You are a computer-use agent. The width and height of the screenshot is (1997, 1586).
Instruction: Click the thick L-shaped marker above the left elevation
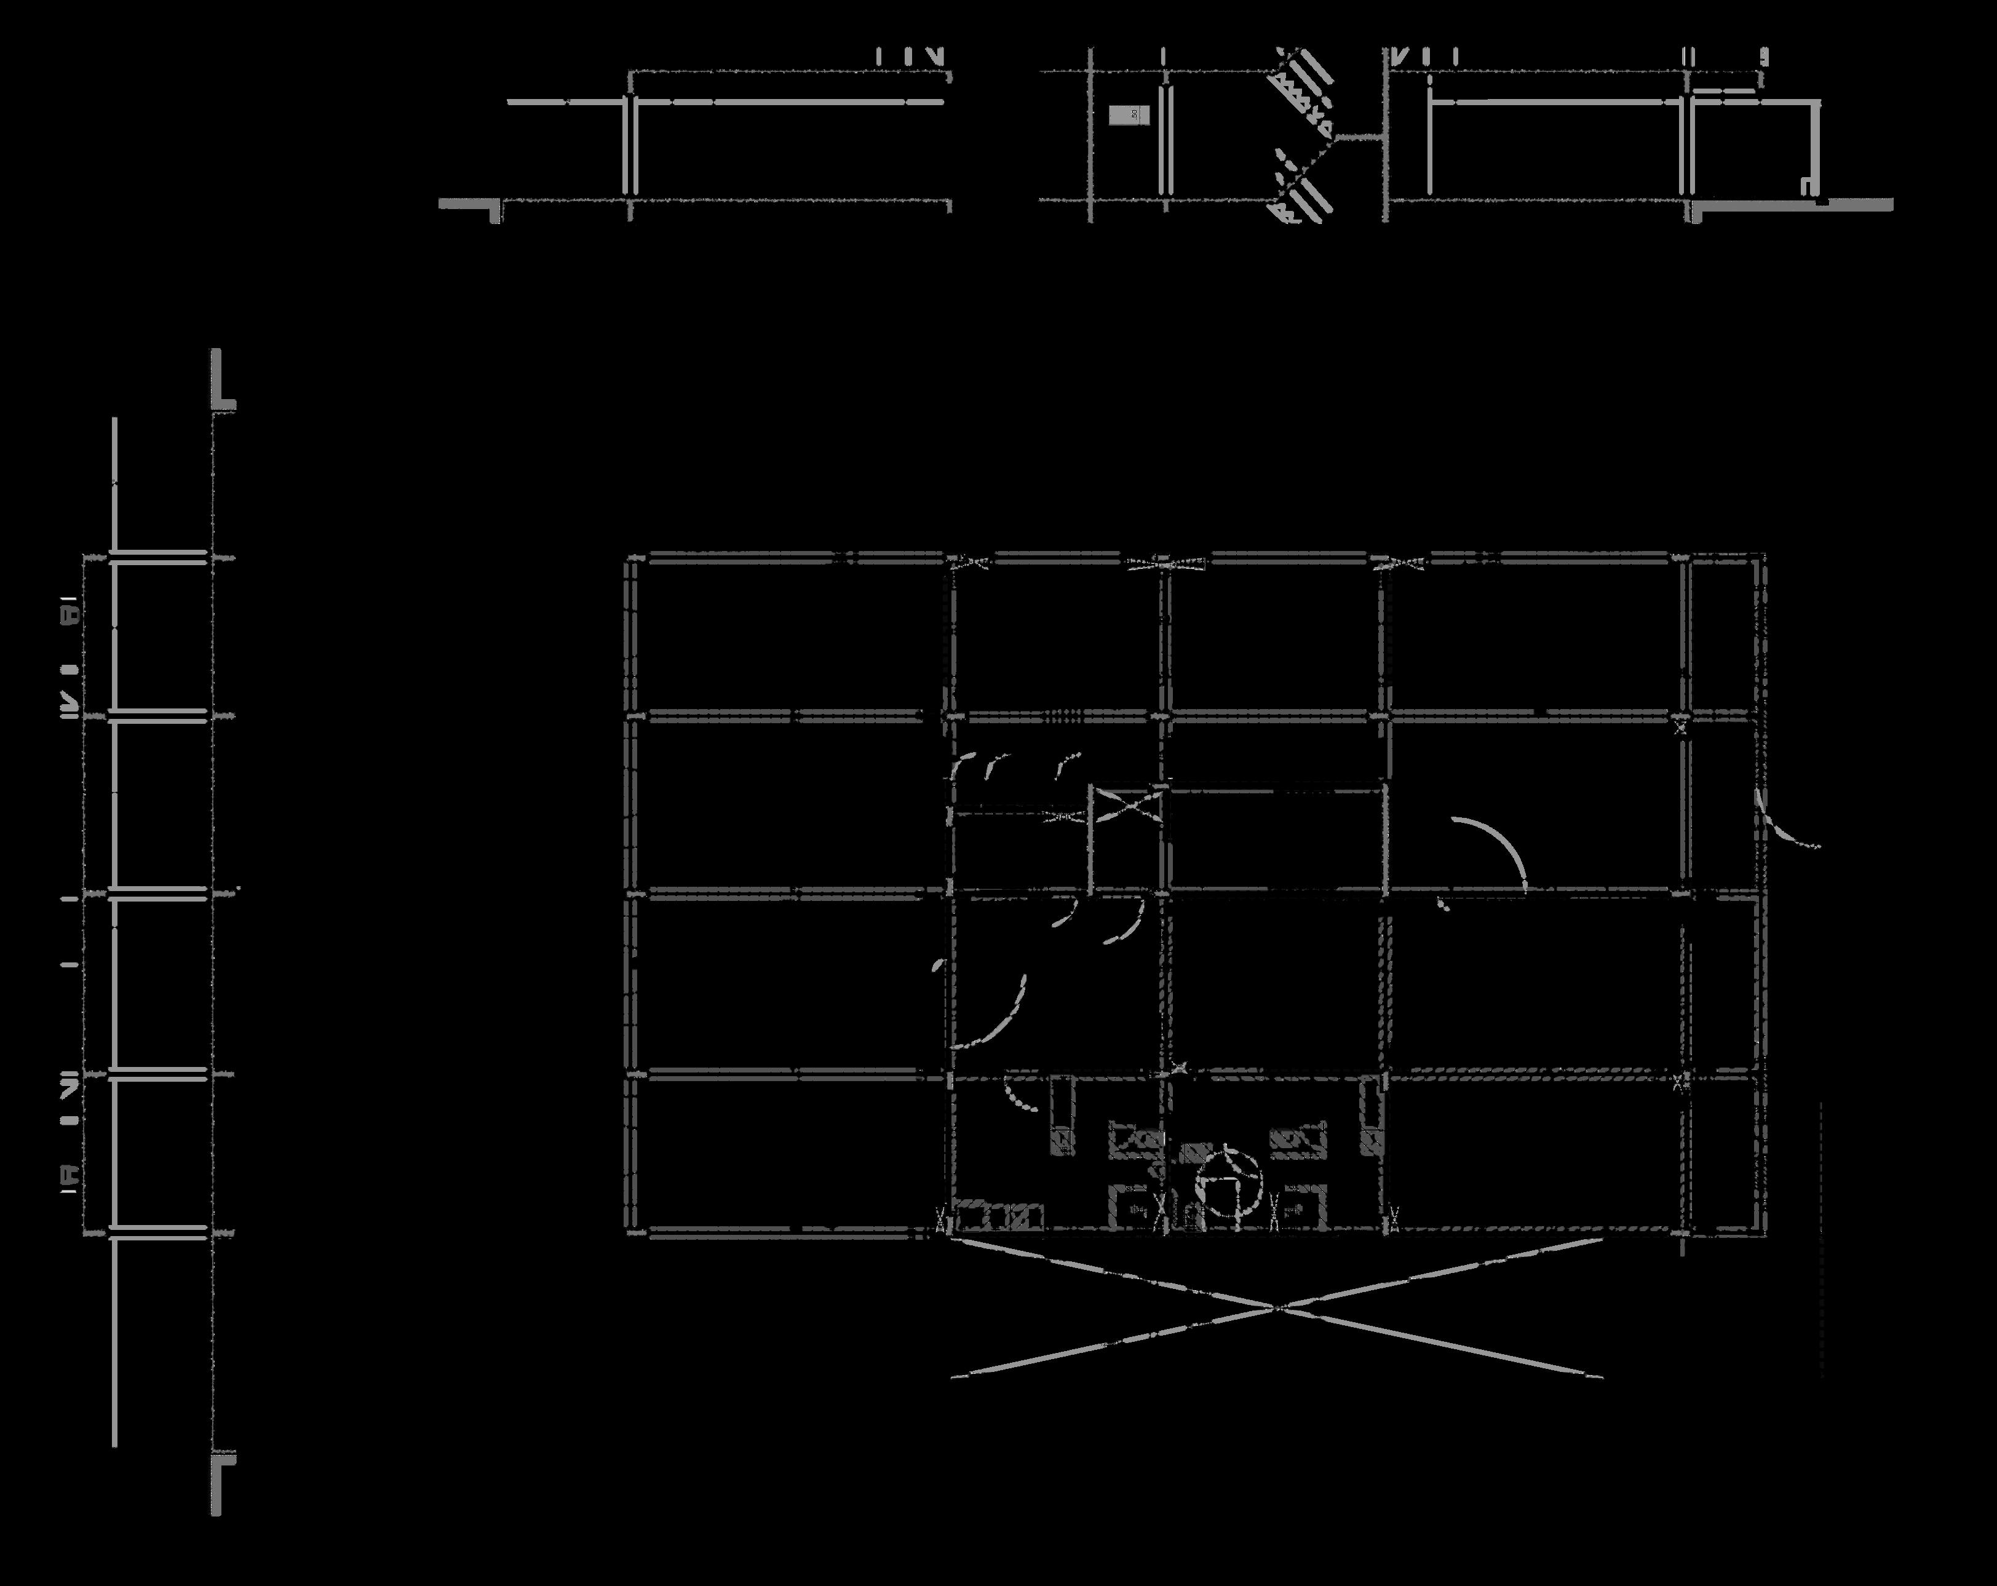coord(221,384)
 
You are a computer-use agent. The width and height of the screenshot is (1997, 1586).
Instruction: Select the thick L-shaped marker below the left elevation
coord(221,1478)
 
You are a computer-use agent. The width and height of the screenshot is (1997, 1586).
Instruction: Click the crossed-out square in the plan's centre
coord(1126,806)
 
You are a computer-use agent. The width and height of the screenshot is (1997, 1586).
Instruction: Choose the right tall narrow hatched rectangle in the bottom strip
coord(1370,1116)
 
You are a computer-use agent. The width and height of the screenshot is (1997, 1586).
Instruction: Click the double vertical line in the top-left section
coord(630,143)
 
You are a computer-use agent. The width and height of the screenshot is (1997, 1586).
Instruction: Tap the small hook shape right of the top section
coord(1807,185)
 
